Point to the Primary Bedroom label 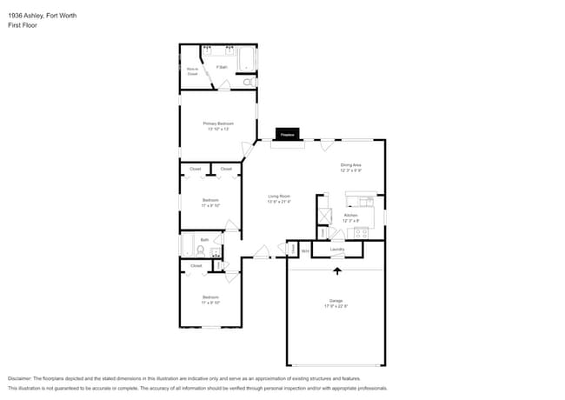218,123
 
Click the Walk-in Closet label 192,71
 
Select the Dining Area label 350,165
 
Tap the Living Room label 278,197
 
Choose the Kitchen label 350,215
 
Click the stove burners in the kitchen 361,232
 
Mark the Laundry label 336,250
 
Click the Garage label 336,300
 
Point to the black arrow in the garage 336,272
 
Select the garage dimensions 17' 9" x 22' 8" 336,305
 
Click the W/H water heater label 305,250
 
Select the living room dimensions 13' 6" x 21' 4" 278,202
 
